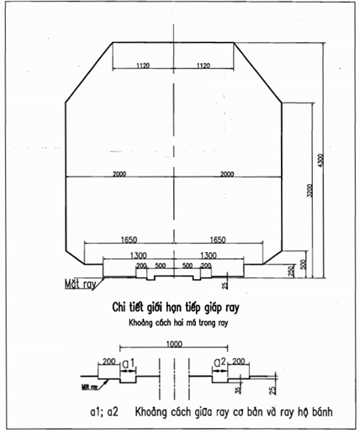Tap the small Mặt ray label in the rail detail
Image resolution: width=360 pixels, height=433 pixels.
[87, 387]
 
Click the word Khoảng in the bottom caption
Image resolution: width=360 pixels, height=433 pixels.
[147, 412]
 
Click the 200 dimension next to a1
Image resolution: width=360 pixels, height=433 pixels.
[108, 362]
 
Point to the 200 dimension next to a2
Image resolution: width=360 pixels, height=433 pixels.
[241, 362]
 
